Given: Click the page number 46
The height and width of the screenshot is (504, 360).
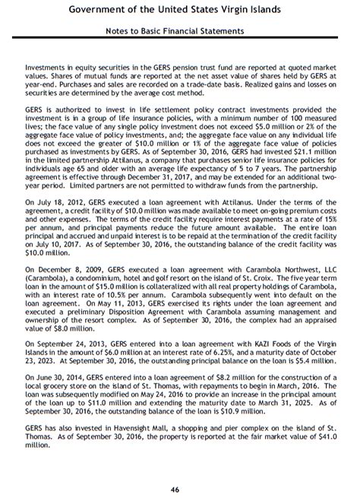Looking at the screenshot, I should (180, 489).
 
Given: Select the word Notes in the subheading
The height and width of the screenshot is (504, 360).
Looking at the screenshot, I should (121, 31).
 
